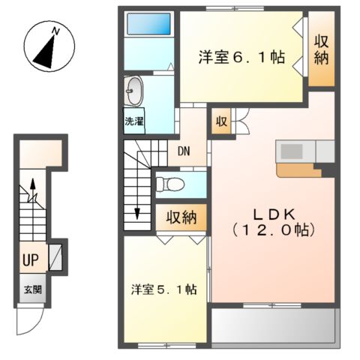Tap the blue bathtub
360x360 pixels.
(148, 24)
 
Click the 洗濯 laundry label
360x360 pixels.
(134, 120)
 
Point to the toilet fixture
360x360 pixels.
(168, 183)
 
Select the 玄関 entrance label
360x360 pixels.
(31, 290)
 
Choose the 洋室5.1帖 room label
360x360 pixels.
(163, 289)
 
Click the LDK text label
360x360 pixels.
(273, 211)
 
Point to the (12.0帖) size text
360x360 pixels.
(273, 229)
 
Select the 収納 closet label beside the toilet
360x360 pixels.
(181, 218)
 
